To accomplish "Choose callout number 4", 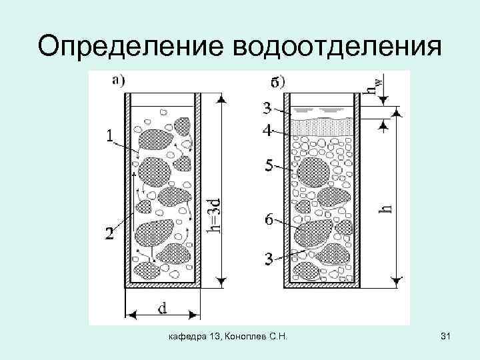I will click(267, 131).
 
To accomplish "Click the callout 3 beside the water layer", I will click(267, 108).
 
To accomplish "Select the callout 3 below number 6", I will click(267, 259).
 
